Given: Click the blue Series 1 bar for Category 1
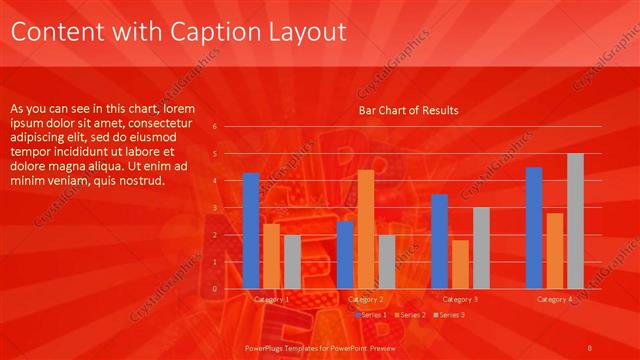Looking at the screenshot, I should pos(251,231).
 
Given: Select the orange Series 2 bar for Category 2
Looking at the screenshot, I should pos(366,229).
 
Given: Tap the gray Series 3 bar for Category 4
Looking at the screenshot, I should pos(575,221).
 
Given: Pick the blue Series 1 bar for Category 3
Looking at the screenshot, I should pos(440,241).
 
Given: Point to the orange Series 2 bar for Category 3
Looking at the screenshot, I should pos(460,264).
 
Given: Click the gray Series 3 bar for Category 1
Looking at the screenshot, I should pos(292,262).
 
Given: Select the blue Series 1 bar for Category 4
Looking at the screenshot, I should pos(534,228).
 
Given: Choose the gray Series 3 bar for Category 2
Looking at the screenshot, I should pos(387,262).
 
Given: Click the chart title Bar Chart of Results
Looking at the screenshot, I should pos(408,111).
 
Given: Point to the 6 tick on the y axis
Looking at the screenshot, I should pos(214,127).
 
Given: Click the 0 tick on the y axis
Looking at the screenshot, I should pos(214,289).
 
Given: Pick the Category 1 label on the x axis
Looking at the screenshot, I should pos(271,299).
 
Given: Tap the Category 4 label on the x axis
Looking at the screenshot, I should pos(554,299).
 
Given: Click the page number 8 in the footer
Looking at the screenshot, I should pos(589,346).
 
